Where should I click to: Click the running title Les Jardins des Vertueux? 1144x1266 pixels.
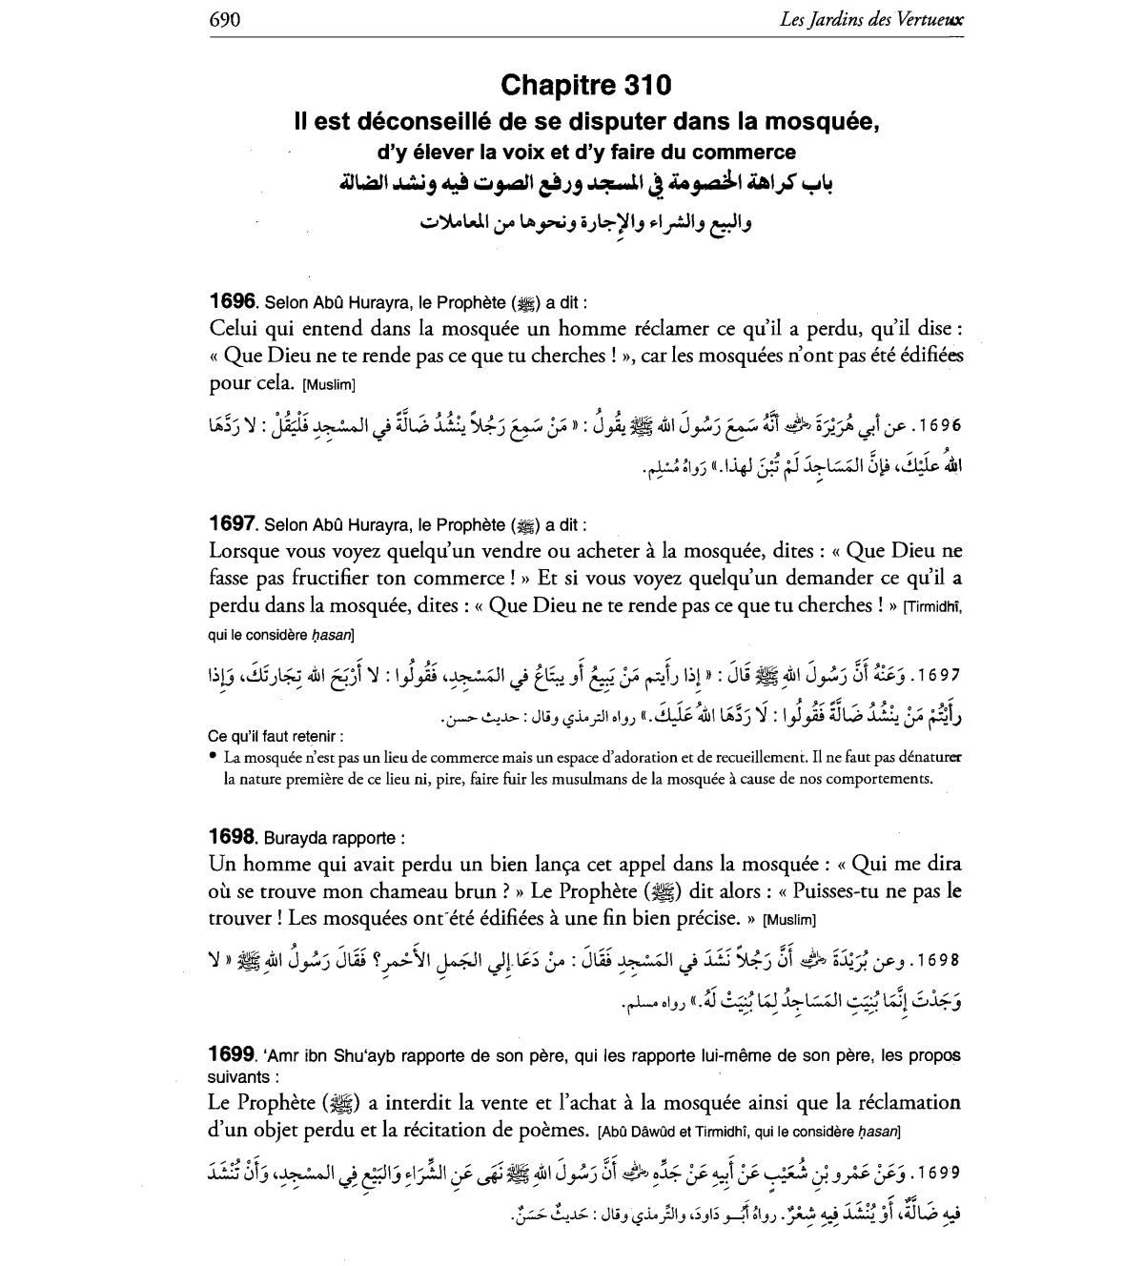click(870, 20)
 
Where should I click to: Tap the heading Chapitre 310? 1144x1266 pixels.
click(585, 86)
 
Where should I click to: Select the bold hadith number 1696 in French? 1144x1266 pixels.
click(232, 301)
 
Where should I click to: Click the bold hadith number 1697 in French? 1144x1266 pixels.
click(232, 523)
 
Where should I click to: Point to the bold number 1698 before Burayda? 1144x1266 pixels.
click(232, 837)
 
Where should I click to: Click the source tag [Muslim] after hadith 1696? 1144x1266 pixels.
click(328, 385)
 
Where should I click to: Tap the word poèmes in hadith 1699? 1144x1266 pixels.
click(556, 1131)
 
